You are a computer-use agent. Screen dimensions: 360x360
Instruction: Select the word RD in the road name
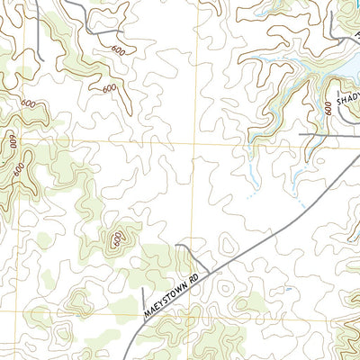pyautogui.click(x=210, y=265)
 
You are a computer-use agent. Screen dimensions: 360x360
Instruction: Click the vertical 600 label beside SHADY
pyautogui.click(x=328, y=108)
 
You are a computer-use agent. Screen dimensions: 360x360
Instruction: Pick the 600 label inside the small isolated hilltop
pyautogui.click(x=117, y=238)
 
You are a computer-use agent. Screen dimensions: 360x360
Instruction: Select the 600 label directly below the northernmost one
pyautogui.click(x=110, y=88)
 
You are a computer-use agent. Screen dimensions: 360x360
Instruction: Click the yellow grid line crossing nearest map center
pyautogui.click(x=192, y=142)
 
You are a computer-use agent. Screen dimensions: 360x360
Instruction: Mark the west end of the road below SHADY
pyautogui.click(x=300, y=134)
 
